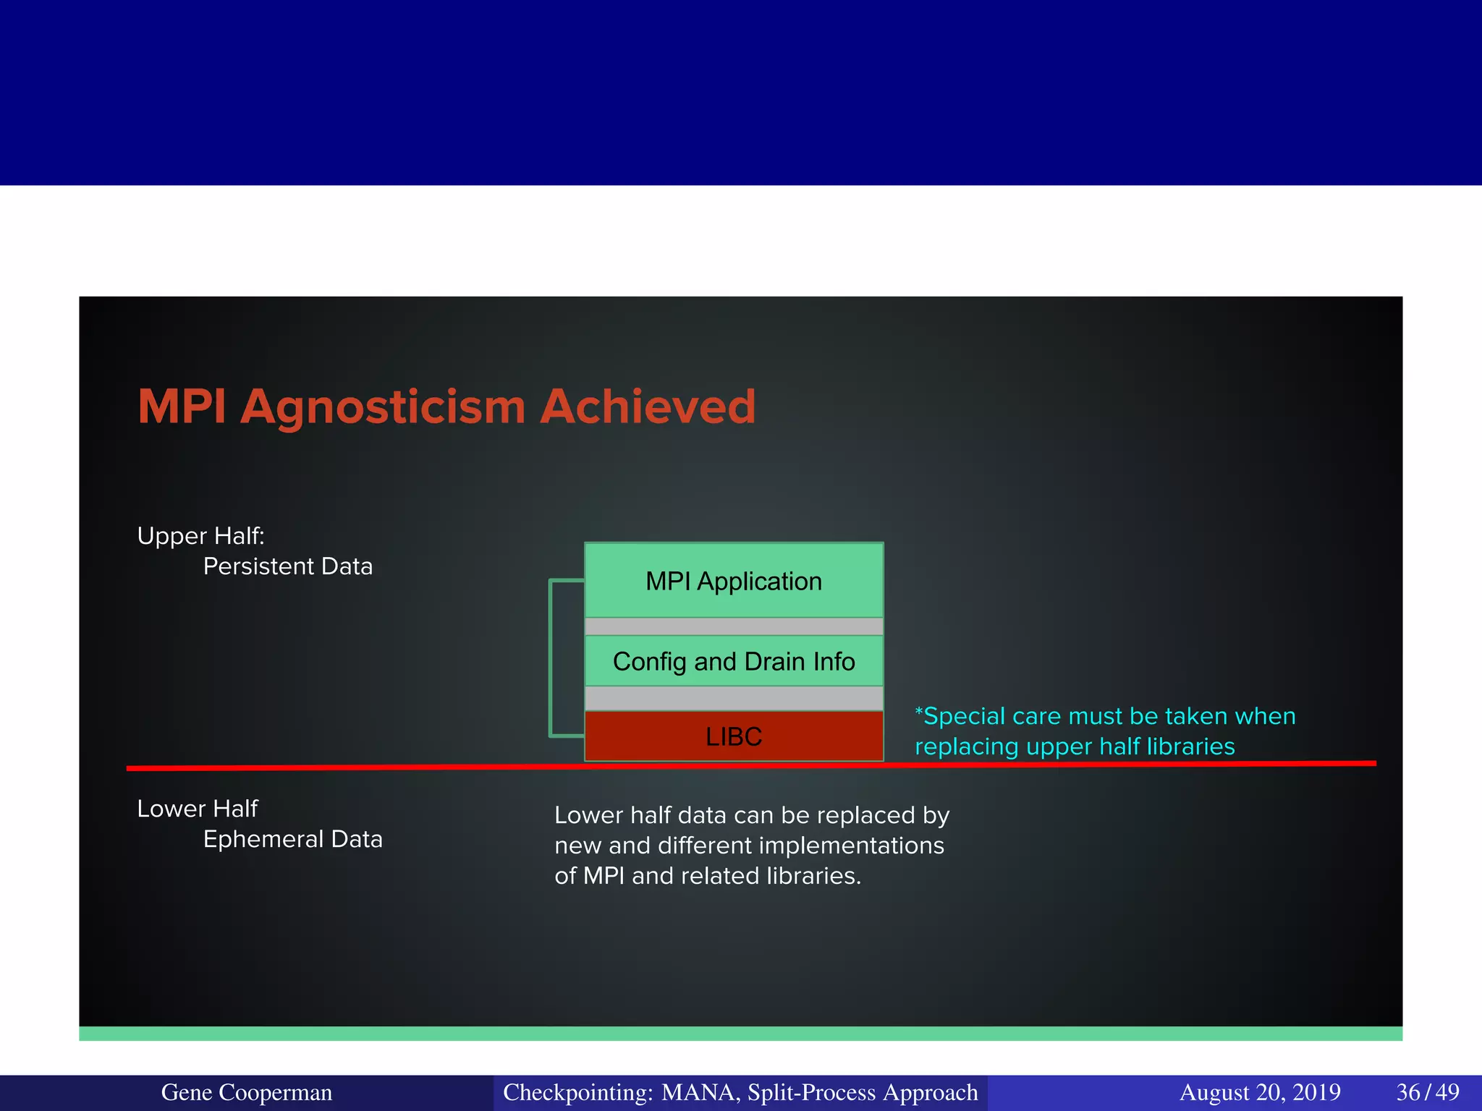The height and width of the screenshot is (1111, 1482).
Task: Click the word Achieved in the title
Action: [x=648, y=406]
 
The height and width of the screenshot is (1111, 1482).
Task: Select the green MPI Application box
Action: [x=734, y=581]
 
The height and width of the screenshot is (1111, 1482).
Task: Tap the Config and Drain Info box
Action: [x=734, y=661]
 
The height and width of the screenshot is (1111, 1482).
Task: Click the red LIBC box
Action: [x=734, y=736]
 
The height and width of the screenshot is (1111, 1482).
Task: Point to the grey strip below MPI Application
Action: [x=734, y=626]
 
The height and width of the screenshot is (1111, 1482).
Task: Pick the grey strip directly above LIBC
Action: [x=734, y=699]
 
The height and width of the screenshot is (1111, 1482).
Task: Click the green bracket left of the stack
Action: [x=552, y=658]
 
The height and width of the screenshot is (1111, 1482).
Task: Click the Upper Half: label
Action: [x=200, y=536]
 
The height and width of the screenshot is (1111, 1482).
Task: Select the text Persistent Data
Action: [x=287, y=566]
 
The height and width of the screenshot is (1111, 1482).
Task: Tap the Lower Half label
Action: [x=197, y=809]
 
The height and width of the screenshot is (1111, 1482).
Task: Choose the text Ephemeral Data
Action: [x=292, y=839]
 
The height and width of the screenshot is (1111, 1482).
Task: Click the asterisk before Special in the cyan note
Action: [x=919, y=713]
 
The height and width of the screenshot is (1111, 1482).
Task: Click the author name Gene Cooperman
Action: [x=246, y=1092]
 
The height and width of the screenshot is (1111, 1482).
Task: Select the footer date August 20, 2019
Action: [x=1260, y=1092]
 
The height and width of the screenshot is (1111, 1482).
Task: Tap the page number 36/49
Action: [x=1427, y=1092]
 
